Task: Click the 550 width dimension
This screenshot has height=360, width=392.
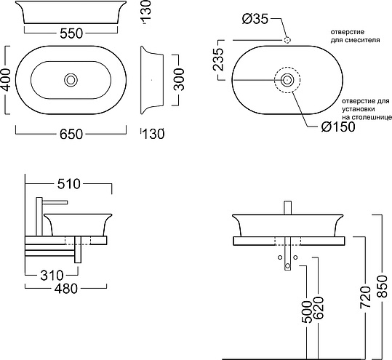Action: (71, 33)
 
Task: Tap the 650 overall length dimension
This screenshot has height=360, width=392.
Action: (71, 135)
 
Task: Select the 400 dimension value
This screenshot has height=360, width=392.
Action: (7, 80)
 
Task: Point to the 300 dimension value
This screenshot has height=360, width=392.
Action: (179, 79)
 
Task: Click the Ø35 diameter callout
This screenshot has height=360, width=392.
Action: (255, 19)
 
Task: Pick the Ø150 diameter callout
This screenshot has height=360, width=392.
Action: (338, 127)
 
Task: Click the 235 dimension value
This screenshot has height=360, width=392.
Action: (217, 59)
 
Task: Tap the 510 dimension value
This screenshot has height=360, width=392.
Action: (69, 184)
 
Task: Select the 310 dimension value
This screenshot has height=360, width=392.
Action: (52, 276)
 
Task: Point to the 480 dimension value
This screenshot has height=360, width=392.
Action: (66, 289)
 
